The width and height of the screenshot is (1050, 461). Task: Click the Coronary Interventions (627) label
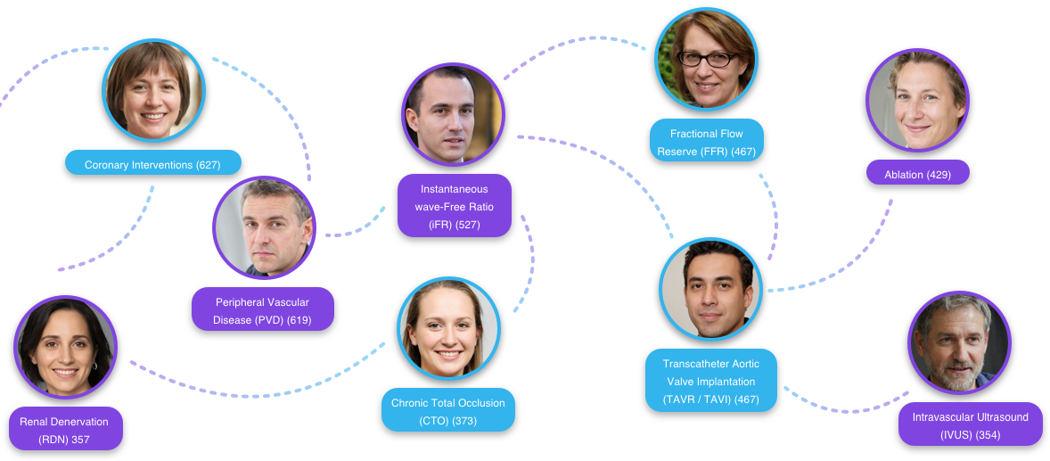tap(152, 164)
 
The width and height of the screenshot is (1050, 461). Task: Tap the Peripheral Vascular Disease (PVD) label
tap(262, 310)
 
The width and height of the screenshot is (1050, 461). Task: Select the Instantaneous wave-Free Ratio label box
tap(454, 206)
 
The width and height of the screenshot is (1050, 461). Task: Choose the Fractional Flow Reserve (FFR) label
tap(706, 142)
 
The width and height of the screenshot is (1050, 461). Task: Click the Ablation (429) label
tap(917, 174)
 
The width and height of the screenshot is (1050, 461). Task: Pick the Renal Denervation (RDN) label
tap(64, 430)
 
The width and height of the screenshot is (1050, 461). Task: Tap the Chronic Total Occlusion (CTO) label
tap(447, 411)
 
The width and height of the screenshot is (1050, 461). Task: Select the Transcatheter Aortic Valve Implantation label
tap(710, 381)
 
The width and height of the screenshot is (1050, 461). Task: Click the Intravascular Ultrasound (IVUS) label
tap(970, 425)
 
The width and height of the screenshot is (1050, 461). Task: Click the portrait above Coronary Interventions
tap(153, 90)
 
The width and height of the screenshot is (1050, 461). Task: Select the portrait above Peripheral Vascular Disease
tap(264, 227)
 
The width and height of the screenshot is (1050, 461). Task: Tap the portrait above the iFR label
tap(453, 114)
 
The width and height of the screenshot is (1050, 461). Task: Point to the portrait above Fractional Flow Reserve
tap(706, 59)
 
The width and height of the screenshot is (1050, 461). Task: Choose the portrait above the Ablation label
tap(917, 100)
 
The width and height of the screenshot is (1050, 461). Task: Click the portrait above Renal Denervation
tap(65, 347)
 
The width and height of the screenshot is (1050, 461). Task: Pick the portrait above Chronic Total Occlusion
tap(447, 328)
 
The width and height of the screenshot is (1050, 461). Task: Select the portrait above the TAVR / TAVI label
tap(710, 288)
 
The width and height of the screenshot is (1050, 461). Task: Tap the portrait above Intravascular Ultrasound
tap(958, 342)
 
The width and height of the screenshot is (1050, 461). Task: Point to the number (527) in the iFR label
tap(467, 225)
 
